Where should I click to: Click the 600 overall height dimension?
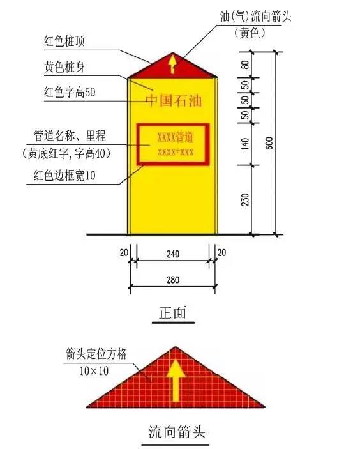pyautogui.click(x=269, y=143)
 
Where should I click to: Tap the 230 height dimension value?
pyautogui.click(x=245, y=199)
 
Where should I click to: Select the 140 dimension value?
pyautogui.click(x=245, y=144)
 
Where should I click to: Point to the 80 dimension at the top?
pyautogui.click(x=245, y=65)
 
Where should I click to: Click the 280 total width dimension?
pyautogui.click(x=173, y=280)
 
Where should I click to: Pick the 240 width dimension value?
pyautogui.click(x=173, y=254)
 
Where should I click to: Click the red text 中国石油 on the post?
pyautogui.click(x=174, y=101)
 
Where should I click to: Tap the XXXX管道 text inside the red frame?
pyautogui.click(x=176, y=137)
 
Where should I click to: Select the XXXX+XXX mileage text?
pyautogui.click(x=176, y=152)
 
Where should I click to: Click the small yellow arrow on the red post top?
pyautogui.click(x=172, y=65)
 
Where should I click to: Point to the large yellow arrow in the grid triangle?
pyautogui.click(x=175, y=380)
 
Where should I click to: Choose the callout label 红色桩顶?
pyautogui.click(x=64, y=42)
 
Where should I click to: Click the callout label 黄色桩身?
pyautogui.click(x=64, y=67)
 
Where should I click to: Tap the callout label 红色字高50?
pyautogui.click(x=70, y=92)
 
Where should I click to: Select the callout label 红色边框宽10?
pyautogui.click(x=64, y=175)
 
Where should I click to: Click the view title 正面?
pyautogui.click(x=173, y=312)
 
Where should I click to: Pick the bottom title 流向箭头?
pyautogui.click(x=177, y=432)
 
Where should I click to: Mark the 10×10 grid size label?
pyautogui.click(x=94, y=371)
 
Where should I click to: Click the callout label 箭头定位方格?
pyautogui.click(x=96, y=354)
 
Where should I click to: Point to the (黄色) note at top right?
pyautogui.click(x=250, y=33)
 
